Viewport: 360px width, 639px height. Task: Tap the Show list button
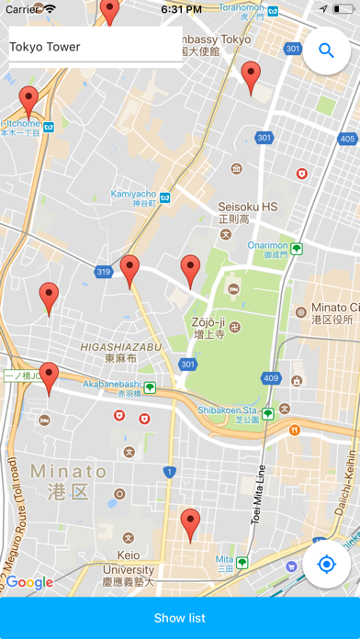tap(180, 618)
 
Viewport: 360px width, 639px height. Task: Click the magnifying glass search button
tap(326, 50)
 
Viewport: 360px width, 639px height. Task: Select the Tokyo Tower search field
tap(92, 47)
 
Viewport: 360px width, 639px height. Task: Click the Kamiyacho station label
tap(134, 194)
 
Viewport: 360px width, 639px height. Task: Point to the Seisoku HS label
tap(247, 207)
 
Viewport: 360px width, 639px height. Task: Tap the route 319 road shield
tap(102, 272)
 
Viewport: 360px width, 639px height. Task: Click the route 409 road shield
tap(270, 376)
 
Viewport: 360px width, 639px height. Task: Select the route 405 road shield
tap(346, 139)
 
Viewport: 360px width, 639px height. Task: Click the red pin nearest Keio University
tap(190, 526)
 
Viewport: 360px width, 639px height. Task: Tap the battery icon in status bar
tap(342, 8)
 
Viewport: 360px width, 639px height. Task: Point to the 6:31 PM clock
tap(181, 8)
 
